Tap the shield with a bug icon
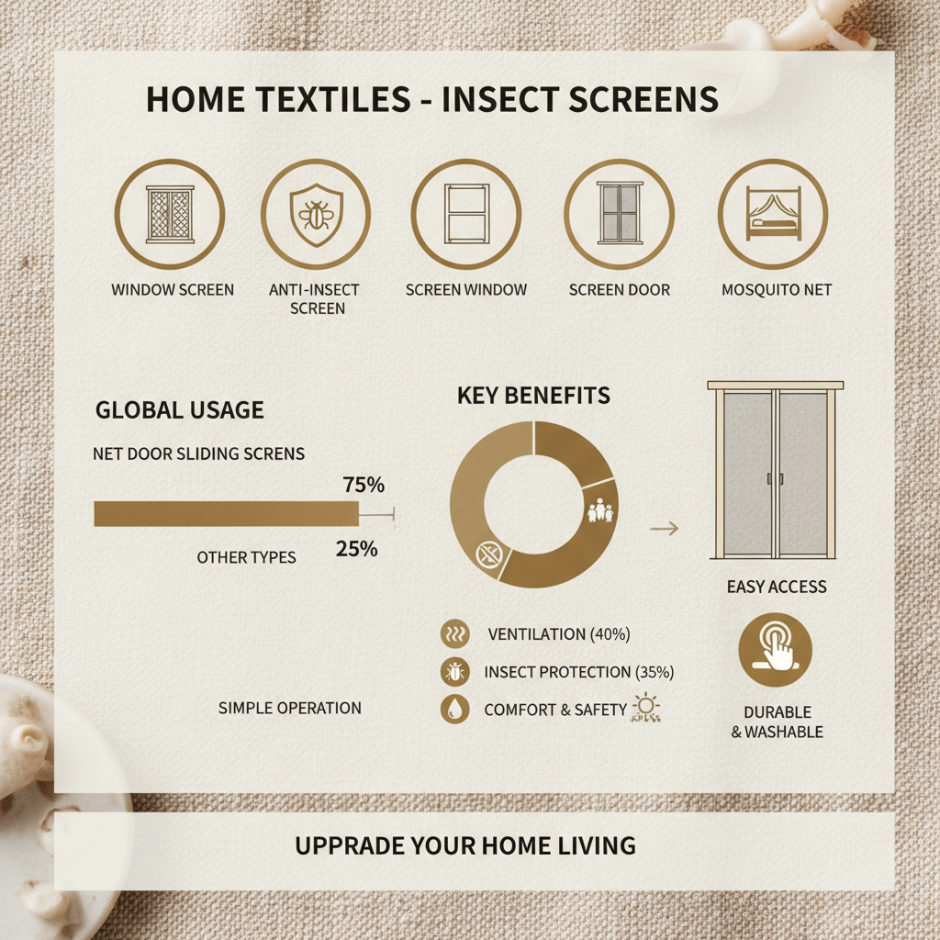tap(317, 215)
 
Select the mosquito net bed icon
tap(773, 214)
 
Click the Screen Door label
tap(620, 290)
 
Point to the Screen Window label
tap(465, 290)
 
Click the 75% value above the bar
tap(364, 485)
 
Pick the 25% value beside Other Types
tap(357, 549)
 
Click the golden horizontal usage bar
tap(227, 514)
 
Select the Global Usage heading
tap(180, 410)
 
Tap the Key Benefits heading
tap(533, 396)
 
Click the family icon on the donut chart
tap(600, 510)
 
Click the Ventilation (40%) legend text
tap(559, 634)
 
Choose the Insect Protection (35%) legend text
tap(579, 672)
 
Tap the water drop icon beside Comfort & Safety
tap(455, 710)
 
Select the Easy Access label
tap(777, 587)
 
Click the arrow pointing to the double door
tap(665, 528)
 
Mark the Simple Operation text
tap(289, 708)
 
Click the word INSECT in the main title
tap(498, 99)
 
